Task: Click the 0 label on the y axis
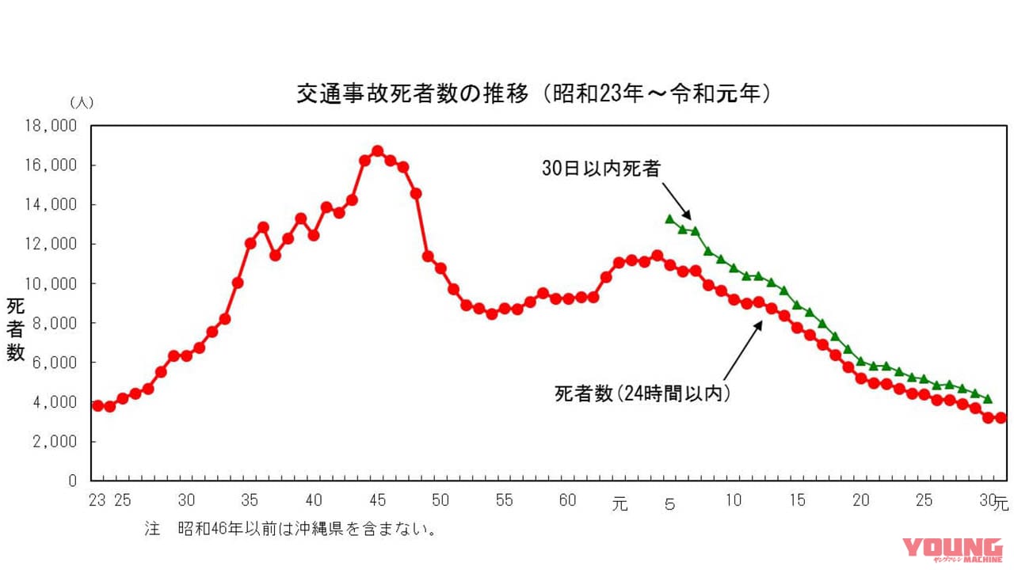[73, 481]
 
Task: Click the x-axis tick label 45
[377, 500]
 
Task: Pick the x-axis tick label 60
[567, 500]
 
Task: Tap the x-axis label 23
[97, 500]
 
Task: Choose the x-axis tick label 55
[504, 500]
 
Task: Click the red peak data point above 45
[377, 150]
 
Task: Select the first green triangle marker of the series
[669, 218]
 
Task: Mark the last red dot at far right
[1001, 417]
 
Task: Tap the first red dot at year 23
[97, 405]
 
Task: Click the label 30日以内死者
[600, 168]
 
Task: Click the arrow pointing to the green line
[677, 202]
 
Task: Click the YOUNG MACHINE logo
[952, 550]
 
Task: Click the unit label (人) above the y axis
[82, 102]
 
